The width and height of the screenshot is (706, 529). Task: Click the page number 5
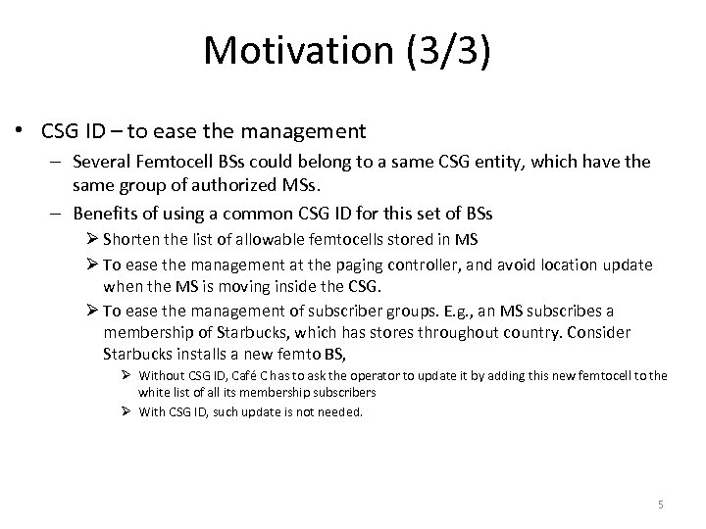pyautogui.click(x=661, y=505)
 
